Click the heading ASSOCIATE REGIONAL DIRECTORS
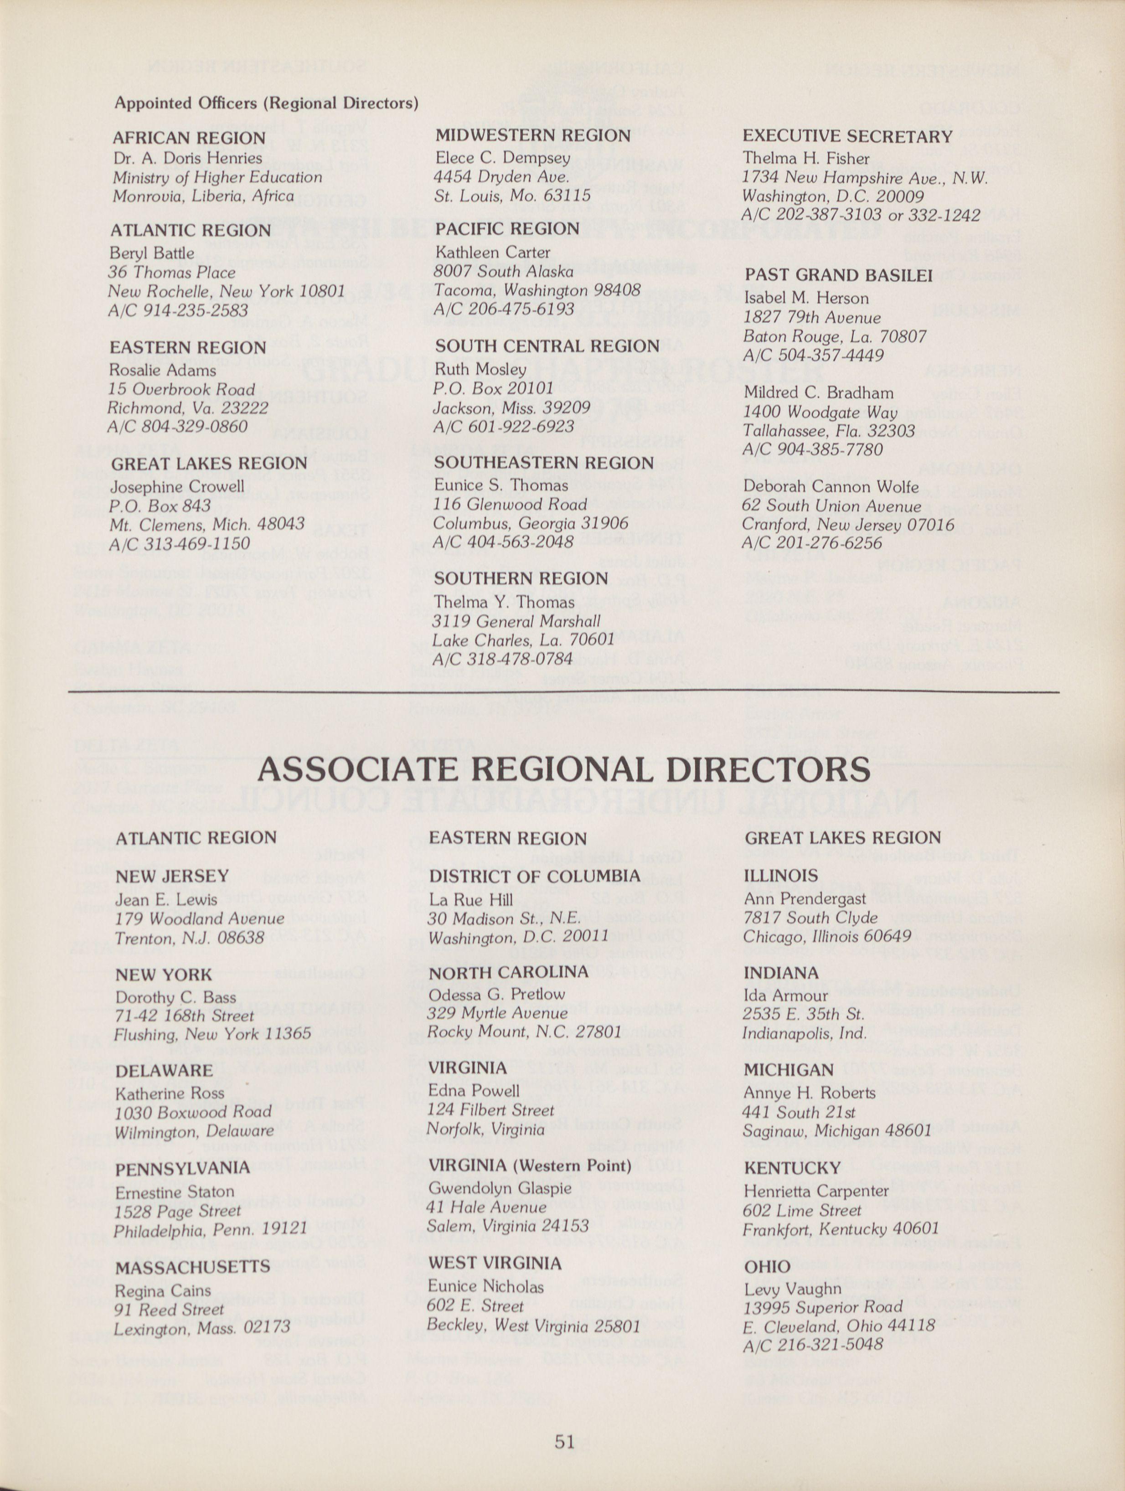click(x=563, y=770)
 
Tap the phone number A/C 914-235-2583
click(x=178, y=311)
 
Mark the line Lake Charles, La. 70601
click(x=523, y=639)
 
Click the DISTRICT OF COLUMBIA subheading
click(x=535, y=876)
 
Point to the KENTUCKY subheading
click(x=793, y=1168)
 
